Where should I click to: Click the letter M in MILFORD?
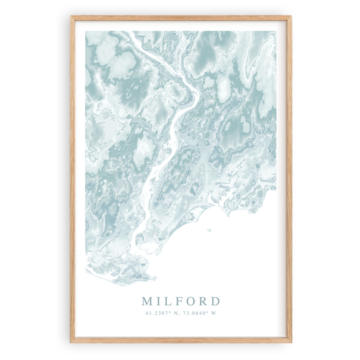click(148, 301)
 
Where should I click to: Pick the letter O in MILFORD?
click(190, 301)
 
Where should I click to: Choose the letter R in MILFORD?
click(203, 301)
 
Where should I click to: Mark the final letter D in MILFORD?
click(215, 301)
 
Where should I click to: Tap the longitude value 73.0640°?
click(197, 313)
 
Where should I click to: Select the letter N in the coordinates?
click(176, 313)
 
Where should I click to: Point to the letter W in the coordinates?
click(215, 313)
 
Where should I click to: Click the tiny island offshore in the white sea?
click(208, 230)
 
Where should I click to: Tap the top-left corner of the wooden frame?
click(71, 17)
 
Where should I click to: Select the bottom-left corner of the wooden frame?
click(71, 342)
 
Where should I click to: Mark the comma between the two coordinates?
click(180, 314)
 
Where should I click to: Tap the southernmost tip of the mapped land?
click(150, 280)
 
